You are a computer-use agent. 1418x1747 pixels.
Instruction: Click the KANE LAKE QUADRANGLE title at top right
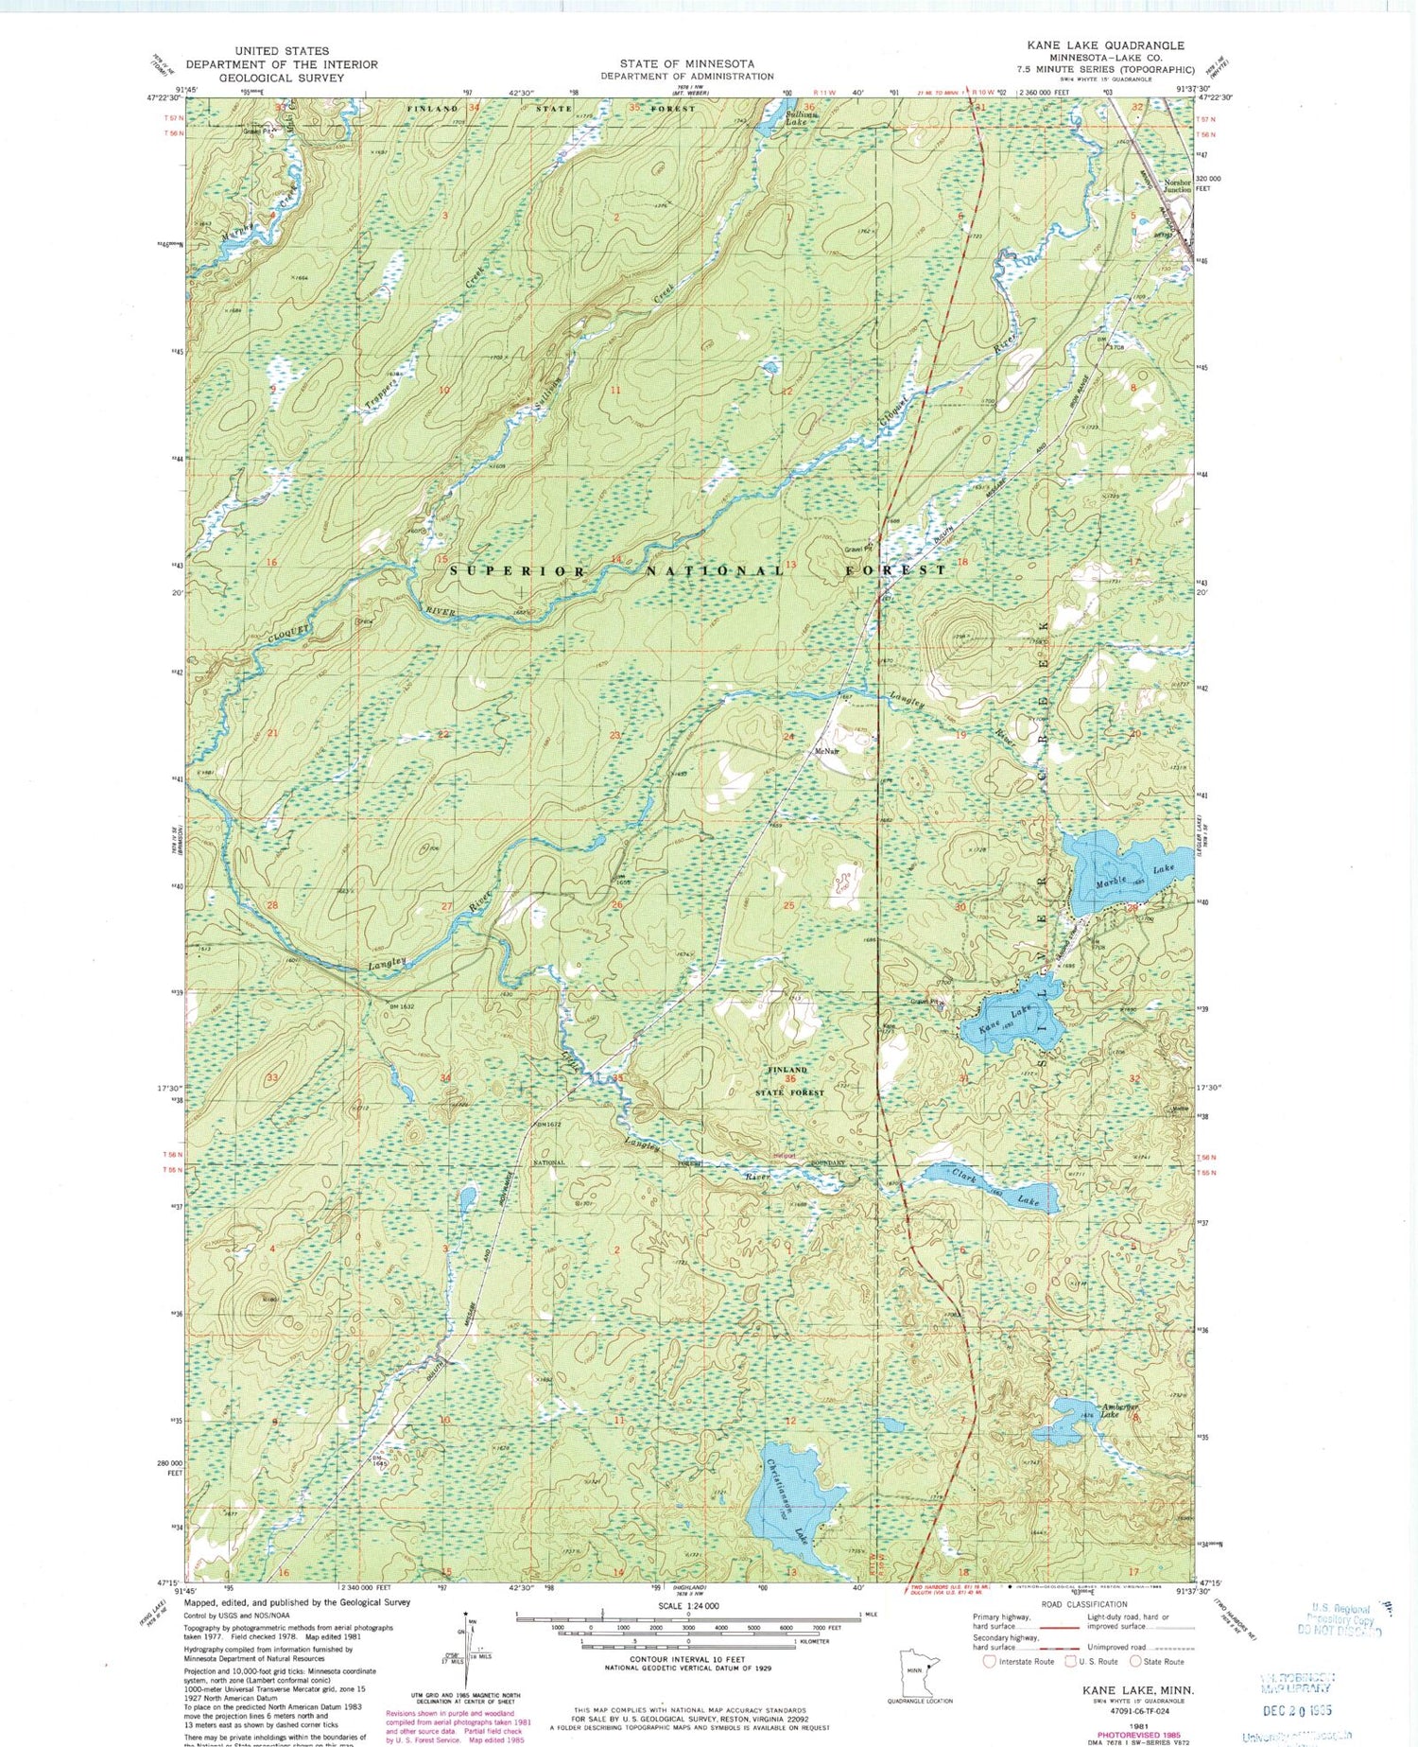[1105, 45]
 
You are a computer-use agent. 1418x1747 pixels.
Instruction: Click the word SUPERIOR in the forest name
[516, 571]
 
